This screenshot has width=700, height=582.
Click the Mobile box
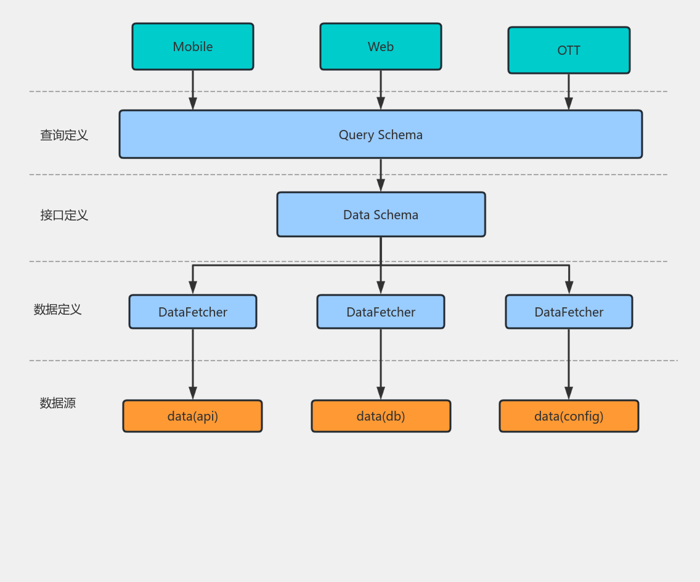[x=193, y=47]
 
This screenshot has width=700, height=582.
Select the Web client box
[x=381, y=47]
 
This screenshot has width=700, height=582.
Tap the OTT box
[x=569, y=51]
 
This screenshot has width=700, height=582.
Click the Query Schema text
[x=381, y=135]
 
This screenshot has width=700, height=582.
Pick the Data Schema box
[x=381, y=214]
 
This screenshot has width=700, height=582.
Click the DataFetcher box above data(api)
[x=193, y=312]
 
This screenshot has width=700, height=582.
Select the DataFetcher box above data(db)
[x=381, y=312]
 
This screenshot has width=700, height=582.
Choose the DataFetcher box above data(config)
[x=569, y=312]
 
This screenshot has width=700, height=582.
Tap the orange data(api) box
[x=193, y=416]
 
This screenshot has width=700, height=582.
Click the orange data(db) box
[x=381, y=416]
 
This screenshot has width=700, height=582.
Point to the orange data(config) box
[x=569, y=416]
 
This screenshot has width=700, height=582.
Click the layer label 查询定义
[x=64, y=135]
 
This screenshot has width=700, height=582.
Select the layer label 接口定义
[x=64, y=215]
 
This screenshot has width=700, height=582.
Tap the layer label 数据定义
[x=57, y=309]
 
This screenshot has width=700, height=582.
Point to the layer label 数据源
[x=57, y=403]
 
